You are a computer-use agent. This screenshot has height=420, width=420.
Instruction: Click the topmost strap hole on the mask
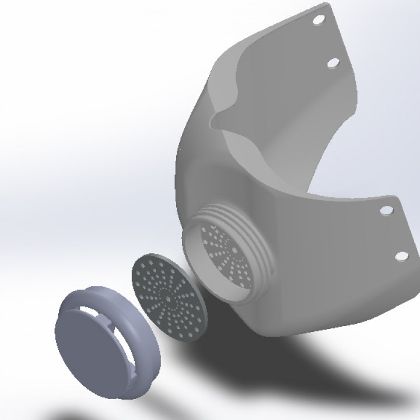click(x=318, y=20)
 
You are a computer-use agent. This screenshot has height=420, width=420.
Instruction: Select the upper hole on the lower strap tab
click(x=385, y=211)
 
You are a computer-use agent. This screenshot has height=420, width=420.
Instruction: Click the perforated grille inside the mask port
click(x=228, y=257)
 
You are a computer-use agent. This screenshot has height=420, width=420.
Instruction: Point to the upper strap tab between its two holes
click(x=327, y=41)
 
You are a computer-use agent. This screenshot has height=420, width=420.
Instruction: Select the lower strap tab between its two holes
click(x=394, y=233)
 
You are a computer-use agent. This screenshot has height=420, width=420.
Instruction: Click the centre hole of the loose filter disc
click(x=169, y=298)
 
